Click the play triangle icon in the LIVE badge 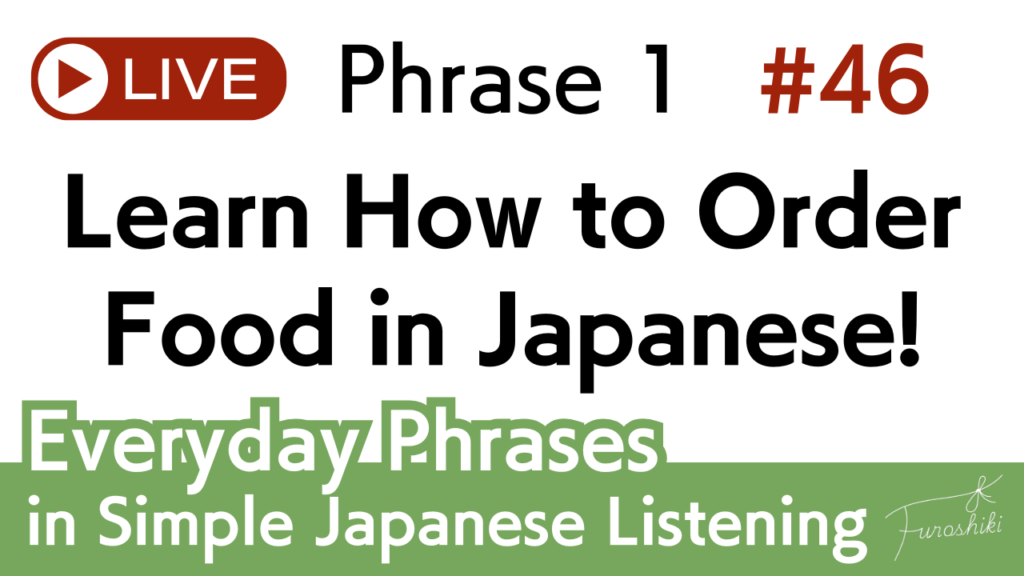coord(74,80)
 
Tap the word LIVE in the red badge coord(190,80)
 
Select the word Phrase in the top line coord(470,79)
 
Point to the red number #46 coord(844,80)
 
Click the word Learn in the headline coord(185,211)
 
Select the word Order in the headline coord(828,211)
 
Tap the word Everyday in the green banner coord(193,444)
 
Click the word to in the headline coord(618,216)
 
